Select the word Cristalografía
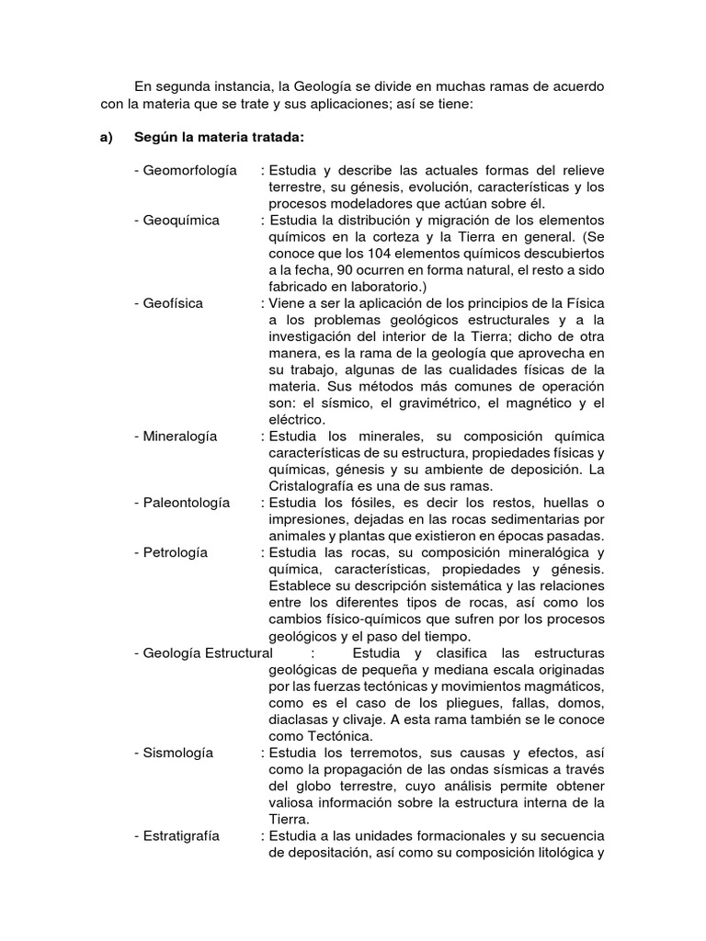pos(312,486)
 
